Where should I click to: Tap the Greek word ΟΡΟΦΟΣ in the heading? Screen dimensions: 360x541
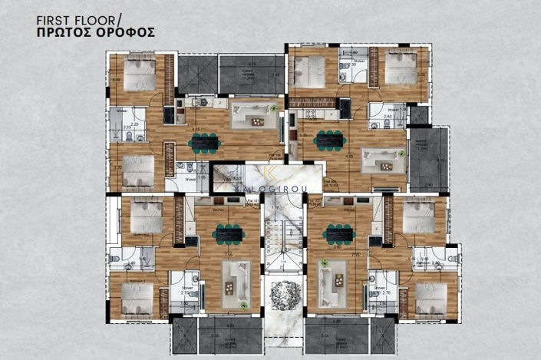point(128,33)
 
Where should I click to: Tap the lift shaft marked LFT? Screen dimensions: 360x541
point(229,178)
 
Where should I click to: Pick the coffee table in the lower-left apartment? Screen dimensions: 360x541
point(230,278)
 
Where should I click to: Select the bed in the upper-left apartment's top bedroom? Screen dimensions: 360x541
point(140,74)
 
